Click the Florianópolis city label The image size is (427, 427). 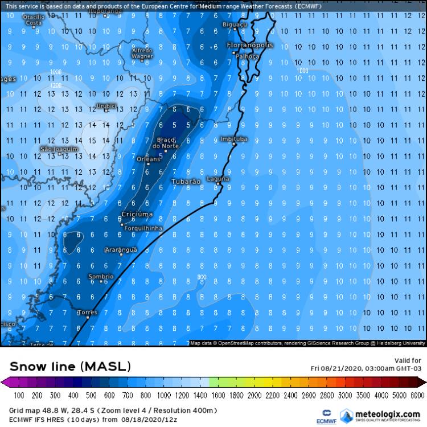tap(250, 45)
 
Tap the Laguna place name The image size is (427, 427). tap(218, 179)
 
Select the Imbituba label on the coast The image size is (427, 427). tap(234, 138)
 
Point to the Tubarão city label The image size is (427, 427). tap(186, 182)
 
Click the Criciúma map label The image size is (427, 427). tap(137, 214)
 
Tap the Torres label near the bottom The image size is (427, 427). tap(87, 312)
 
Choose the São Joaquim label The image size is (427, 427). tap(58, 149)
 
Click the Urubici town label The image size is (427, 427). tap(106, 105)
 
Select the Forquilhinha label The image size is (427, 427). tap(143, 228)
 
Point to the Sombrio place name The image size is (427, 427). tap(101, 276)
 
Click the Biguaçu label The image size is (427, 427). tap(234, 24)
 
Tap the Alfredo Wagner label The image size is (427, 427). tap(142, 54)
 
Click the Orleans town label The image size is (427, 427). tap(149, 159)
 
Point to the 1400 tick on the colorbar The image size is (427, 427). tap(201, 395)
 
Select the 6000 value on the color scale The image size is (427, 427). tap(418, 395)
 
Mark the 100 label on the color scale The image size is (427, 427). tap(18, 395)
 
